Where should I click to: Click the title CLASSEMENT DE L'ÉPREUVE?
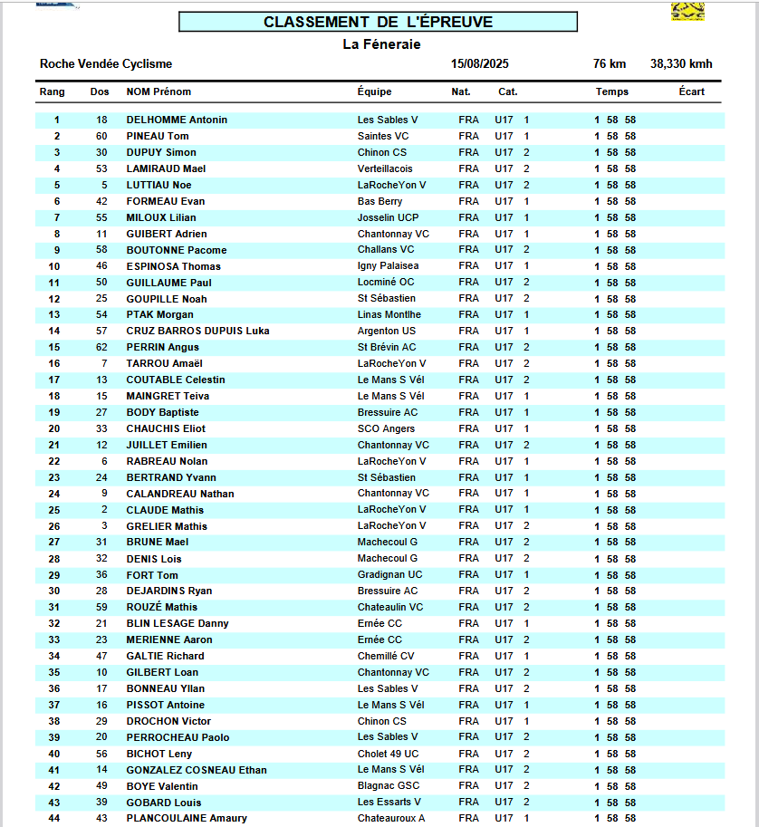click(x=378, y=22)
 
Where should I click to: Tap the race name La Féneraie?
click(x=381, y=44)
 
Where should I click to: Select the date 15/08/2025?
click(x=479, y=64)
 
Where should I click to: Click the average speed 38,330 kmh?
click(x=681, y=64)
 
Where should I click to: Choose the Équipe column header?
click(x=374, y=91)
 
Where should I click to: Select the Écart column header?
click(x=691, y=91)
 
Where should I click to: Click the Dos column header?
click(x=100, y=91)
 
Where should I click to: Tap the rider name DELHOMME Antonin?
click(x=177, y=120)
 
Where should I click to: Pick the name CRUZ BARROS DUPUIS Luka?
click(x=197, y=331)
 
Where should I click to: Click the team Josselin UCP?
click(x=389, y=217)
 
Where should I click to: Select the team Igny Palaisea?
click(x=388, y=266)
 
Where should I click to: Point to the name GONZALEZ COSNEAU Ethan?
click(x=197, y=770)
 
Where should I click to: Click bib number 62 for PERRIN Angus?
click(x=101, y=347)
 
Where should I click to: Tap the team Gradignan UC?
click(x=389, y=574)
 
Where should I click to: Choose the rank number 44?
click(x=54, y=818)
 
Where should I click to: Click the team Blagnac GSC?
click(x=389, y=785)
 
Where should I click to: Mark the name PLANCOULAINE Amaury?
click(x=187, y=818)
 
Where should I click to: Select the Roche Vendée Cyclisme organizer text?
click(x=106, y=64)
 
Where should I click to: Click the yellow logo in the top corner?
click(x=687, y=11)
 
